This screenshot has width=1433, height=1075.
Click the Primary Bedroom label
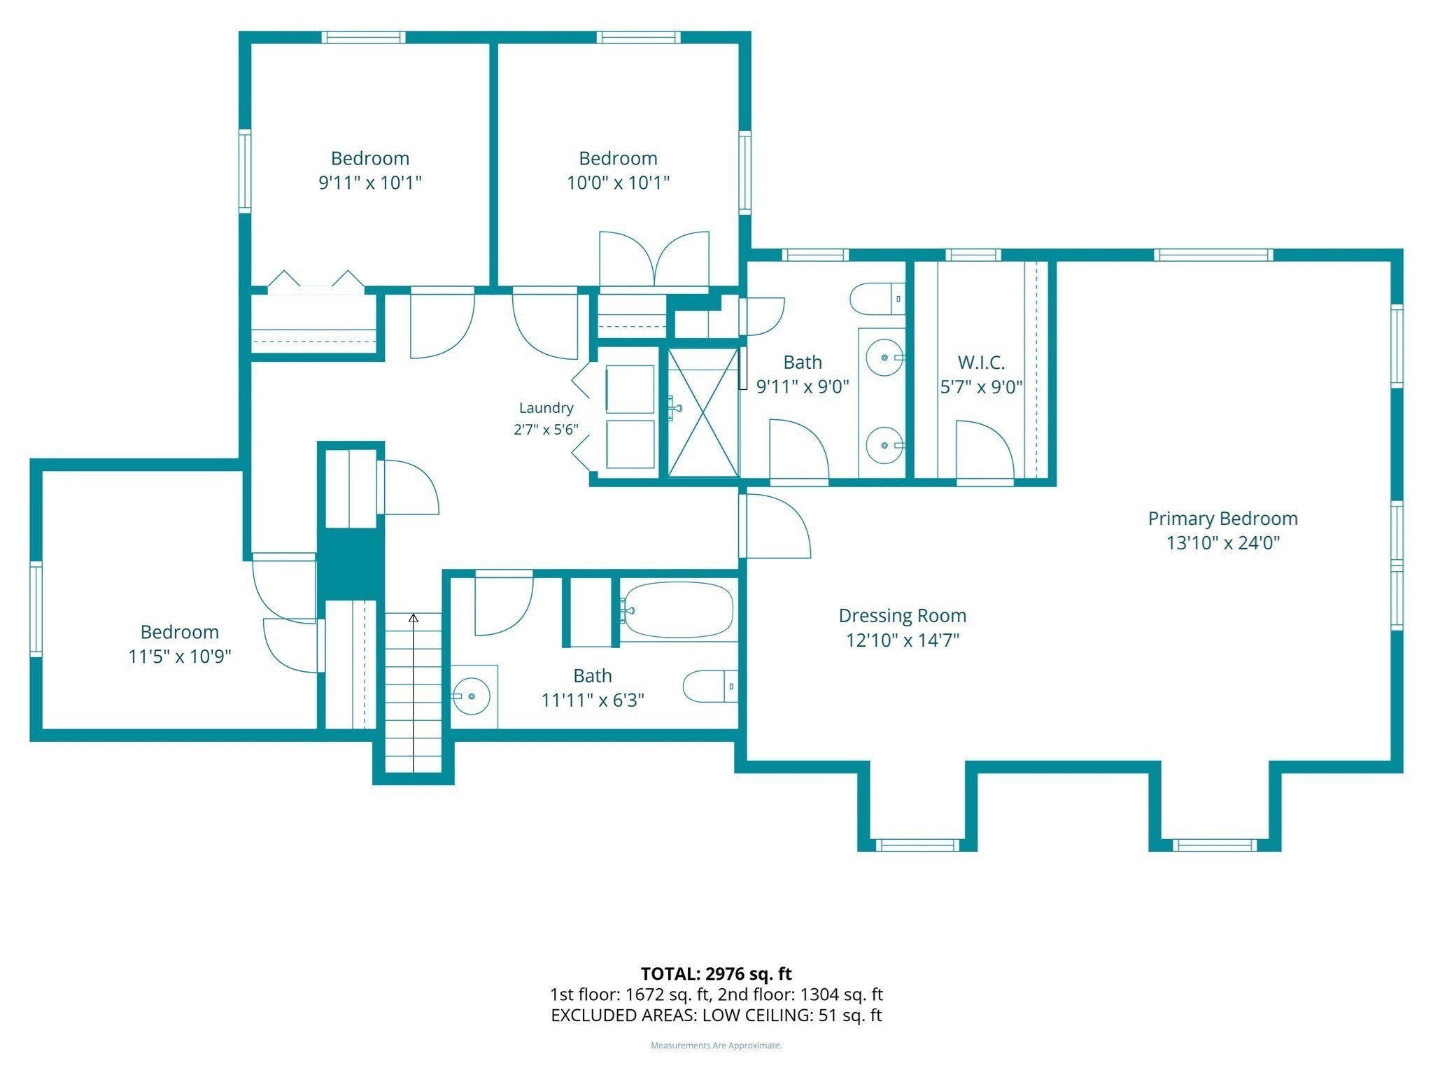click(1222, 519)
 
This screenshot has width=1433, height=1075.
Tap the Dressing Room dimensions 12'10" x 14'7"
click(903, 640)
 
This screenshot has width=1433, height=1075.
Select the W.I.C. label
click(981, 363)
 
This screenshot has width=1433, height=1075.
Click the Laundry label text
click(546, 408)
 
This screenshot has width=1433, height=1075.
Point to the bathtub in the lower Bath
click(677, 610)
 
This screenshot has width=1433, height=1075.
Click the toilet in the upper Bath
click(877, 299)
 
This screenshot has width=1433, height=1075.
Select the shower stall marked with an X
click(703, 413)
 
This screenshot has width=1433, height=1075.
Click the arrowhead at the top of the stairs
click(414, 618)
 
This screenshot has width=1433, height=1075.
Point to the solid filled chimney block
click(351, 563)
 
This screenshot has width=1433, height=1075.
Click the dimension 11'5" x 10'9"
click(180, 656)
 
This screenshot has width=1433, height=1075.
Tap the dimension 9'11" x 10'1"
click(370, 183)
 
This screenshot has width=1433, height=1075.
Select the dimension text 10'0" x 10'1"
click(618, 183)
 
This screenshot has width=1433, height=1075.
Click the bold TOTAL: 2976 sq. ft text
click(716, 974)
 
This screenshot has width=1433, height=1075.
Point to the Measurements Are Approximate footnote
click(716, 1046)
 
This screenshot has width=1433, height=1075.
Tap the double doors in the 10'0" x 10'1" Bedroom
click(654, 258)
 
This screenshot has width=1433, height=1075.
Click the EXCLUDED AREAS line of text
click(716, 1016)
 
